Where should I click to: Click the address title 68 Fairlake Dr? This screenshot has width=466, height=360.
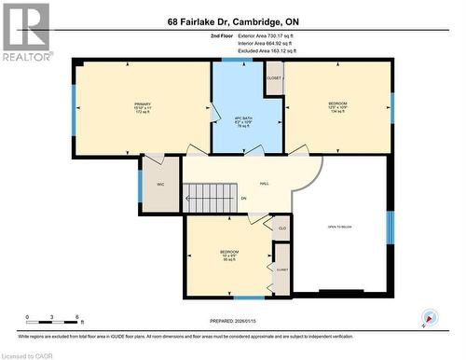coord(232,21)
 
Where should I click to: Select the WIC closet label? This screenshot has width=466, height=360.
coord(160,185)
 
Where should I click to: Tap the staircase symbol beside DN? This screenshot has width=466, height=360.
coord(203,198)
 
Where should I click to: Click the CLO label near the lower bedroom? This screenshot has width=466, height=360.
coord(281,227)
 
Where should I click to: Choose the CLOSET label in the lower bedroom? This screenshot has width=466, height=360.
coord(281,270)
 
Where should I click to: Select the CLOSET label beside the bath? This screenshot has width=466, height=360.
coord(273,78)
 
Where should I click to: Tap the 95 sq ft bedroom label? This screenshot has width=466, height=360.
coord(228,256)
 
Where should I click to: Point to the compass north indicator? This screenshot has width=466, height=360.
coord(428,318)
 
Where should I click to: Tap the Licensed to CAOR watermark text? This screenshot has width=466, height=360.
coord(27,354)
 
